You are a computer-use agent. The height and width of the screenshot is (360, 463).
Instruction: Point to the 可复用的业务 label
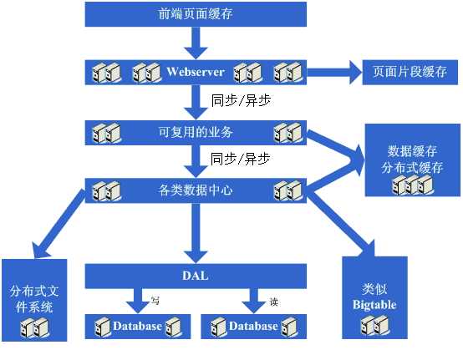tap(195, 131)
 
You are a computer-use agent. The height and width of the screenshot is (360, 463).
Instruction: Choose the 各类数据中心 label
tap(195, 190)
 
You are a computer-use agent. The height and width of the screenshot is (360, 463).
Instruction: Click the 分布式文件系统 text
tap(32, 300)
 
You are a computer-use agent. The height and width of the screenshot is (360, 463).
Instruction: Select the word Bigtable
tap(374, 305)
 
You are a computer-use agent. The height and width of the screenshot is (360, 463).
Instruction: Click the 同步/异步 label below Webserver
tap(240, 99)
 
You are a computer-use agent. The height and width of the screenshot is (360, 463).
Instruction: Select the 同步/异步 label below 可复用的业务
tap(240, 158)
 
